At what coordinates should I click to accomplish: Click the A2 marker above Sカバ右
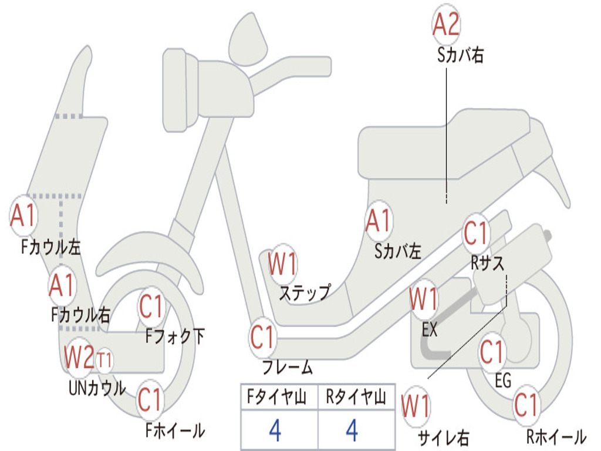446,25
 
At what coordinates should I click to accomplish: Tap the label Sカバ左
398,251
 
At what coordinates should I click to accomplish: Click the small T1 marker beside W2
104,359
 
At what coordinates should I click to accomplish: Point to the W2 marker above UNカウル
79,357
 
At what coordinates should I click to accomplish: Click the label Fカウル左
50,246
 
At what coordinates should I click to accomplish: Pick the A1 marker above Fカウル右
62,285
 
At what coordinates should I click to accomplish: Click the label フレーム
288,368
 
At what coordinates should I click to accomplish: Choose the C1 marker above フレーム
263,338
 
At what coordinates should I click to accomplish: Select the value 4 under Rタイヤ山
352,430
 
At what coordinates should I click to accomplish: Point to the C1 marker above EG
492,352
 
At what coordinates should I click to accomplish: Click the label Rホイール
556,437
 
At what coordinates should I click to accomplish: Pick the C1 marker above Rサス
476,234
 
